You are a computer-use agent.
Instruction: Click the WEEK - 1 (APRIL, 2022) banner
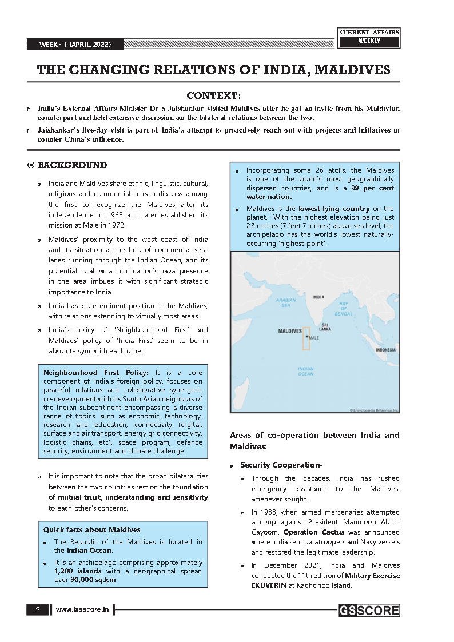point(74,45)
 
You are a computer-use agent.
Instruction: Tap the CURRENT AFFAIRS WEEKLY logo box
point(369,37)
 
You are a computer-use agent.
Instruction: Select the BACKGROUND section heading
point(72,165)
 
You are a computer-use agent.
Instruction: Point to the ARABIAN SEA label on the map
point(286,302)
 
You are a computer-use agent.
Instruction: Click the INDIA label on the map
point(318,297)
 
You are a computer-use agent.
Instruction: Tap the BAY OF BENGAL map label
point(343,308)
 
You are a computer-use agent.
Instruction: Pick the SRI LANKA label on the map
point(325,327)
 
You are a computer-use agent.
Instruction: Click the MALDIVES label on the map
point(290,331)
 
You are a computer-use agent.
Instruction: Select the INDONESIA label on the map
point(385,350)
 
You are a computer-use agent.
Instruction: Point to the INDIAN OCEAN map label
point(305,371)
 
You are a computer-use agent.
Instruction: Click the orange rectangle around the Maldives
point(306,338)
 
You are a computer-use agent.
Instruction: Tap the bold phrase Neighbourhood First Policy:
point(96,372)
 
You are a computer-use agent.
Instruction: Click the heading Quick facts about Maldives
point(92,529)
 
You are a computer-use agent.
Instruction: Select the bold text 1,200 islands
point(78,571)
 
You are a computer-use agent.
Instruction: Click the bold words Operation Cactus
point(316,532)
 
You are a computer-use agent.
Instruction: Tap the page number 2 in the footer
point(38,610)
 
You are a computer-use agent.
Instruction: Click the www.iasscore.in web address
point(82,610)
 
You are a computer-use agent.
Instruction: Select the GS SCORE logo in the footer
point(369,611)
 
